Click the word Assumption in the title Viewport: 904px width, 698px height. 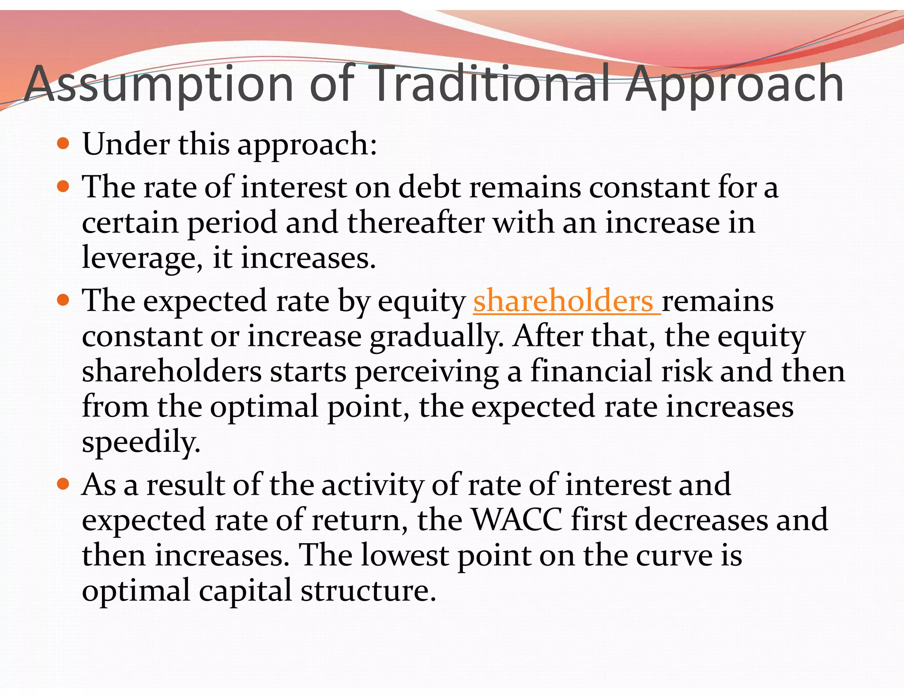coord(158,84)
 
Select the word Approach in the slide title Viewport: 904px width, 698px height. coord(735,84)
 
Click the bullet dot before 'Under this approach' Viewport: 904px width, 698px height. coord(64,143)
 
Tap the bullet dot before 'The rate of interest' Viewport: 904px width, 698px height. coord(64,186)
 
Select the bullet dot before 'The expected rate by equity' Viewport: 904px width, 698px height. coord(64,300)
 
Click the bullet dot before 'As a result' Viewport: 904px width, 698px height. coord(64,484)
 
